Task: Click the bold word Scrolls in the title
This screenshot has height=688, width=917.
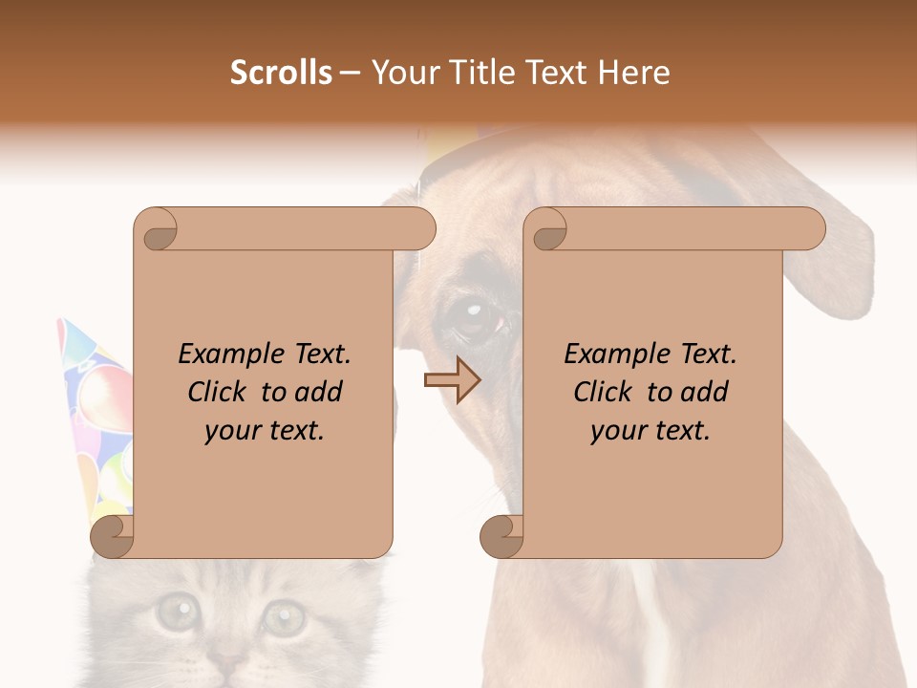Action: [x=282, y=73]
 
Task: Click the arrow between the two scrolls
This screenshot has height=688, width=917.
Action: [x=451, y=380]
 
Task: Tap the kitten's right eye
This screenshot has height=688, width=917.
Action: [x=284, y=617]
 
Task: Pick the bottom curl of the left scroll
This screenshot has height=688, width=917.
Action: [x=114, y=537]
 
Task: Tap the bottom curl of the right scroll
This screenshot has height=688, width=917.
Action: [x=501, y=537]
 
